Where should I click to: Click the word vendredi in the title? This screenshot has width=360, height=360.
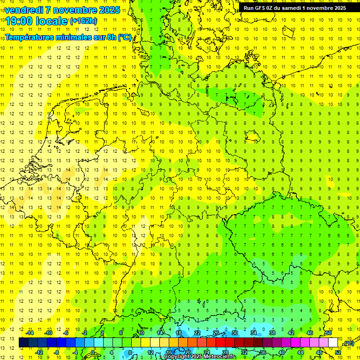point(24,10)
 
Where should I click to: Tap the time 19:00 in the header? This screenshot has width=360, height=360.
point(21,21)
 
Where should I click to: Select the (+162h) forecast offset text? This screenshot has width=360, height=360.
point(83,21)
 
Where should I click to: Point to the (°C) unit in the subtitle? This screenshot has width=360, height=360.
point(125,37)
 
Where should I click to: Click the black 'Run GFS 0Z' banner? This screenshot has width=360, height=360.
point(294,7)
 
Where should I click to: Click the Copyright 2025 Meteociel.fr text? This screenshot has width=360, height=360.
point(200,357)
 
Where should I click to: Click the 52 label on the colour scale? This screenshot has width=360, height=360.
point(338,352)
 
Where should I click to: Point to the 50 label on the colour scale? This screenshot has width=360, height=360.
point(329,333)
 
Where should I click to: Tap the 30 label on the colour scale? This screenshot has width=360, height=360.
point(235,333)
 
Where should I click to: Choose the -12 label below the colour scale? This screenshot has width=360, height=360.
point(39,352)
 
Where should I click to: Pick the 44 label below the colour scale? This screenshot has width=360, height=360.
point(300,352)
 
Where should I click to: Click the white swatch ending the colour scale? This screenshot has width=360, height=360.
point(333,342)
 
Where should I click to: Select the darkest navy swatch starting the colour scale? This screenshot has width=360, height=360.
point(23,342)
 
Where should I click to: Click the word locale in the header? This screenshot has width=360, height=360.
point(53,21)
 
